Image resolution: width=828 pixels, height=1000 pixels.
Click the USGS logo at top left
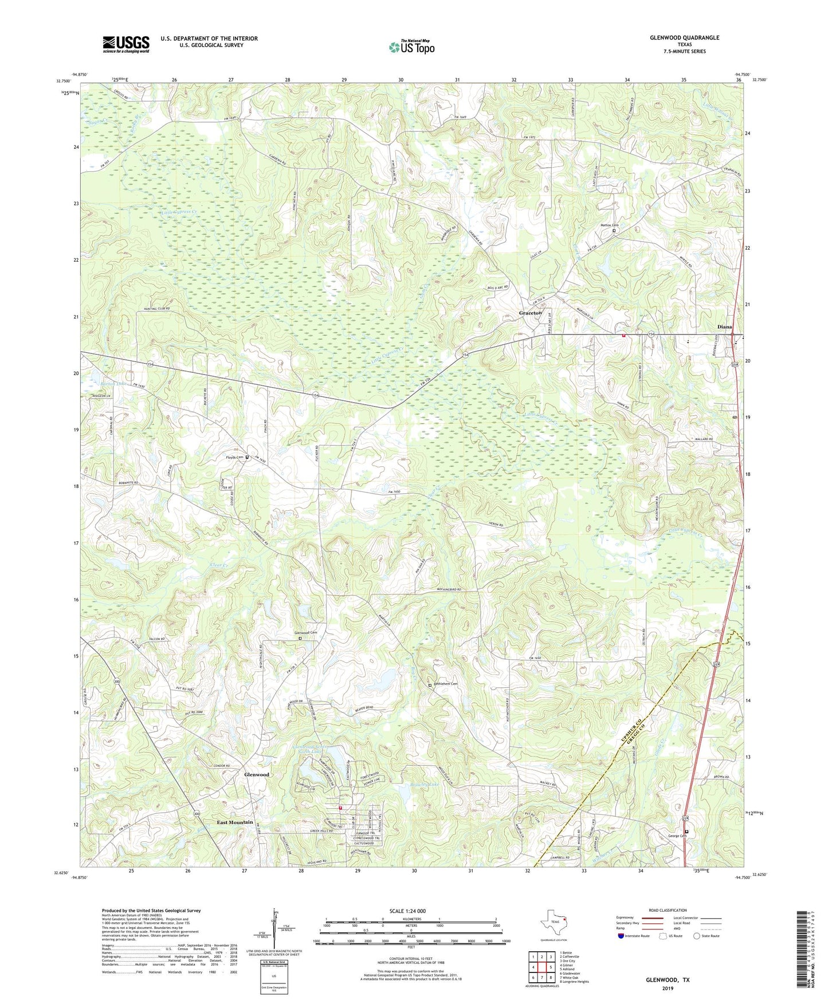(126, 44)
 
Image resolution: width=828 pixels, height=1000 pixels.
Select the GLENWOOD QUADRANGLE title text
(684, 38)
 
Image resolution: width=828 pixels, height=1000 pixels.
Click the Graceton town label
(530, 313)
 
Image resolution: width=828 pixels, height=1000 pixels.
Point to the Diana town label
(724, 327)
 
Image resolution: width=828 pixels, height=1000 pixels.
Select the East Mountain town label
(234, 822)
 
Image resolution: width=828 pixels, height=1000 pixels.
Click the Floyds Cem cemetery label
(232, 457)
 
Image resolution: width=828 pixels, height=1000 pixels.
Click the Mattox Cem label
(609, 225)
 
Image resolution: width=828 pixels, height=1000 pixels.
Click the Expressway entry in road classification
(627, 919)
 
